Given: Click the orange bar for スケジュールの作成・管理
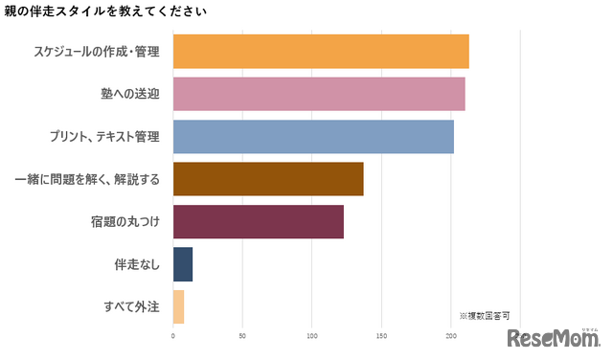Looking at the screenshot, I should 321,52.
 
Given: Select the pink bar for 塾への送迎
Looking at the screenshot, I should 319,94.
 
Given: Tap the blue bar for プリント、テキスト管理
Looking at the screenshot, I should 313,137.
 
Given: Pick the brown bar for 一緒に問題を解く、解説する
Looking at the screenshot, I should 268,179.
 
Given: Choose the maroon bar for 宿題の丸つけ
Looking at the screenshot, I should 258,222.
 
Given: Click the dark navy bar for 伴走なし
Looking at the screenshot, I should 183,264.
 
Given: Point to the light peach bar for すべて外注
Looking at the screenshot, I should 178,306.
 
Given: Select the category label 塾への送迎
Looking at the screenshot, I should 123,94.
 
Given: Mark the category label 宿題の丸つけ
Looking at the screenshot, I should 124,222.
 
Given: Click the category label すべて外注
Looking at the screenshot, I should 131,306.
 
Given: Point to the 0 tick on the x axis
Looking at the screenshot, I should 173,336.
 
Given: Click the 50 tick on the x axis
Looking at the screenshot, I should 242,336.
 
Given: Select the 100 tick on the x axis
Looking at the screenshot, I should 312,336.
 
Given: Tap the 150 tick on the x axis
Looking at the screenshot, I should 381,336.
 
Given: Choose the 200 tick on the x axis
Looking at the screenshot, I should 451,336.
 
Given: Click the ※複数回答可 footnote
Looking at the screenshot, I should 484,315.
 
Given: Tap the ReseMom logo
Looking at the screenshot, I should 553,339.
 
